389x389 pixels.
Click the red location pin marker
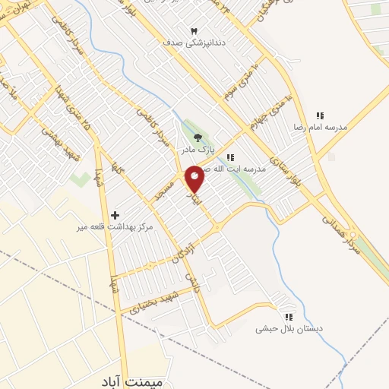194,179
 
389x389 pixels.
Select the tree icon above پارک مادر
198,138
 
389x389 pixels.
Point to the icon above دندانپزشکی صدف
194,30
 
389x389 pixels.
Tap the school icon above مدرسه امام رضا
320,115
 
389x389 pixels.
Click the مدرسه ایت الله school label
239,169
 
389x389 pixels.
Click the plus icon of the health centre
115,215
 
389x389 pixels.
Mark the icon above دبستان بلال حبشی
288,317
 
